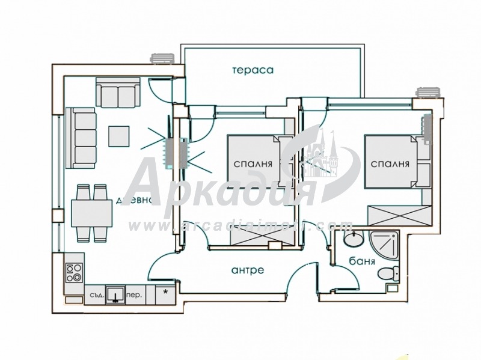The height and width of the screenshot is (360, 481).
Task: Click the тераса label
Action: tap(253, 70)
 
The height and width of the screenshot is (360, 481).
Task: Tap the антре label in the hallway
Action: tap(247, 270)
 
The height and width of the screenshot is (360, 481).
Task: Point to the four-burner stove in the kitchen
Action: tap(73, 273)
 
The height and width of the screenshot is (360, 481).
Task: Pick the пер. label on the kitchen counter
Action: tap(135, 296)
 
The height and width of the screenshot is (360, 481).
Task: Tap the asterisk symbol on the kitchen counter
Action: tap(165, 293)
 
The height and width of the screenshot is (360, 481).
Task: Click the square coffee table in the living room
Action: tap(118, 135)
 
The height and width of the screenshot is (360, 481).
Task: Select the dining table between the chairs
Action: tap(91, 212)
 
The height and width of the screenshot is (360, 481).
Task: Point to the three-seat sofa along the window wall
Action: tap(81, 138)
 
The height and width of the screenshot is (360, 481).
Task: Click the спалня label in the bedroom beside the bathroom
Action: tap(390, 164)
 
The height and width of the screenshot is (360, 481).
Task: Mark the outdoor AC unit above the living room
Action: tap(162, 58)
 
